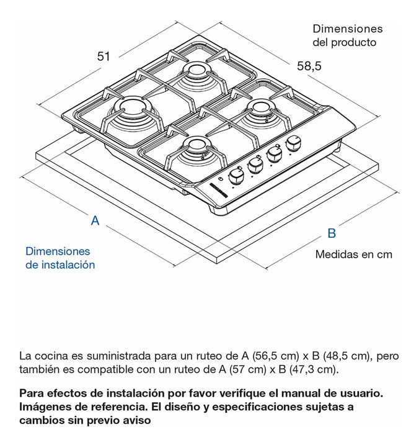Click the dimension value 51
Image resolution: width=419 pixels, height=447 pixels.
point(104,56)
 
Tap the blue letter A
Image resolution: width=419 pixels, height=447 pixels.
point(95,220)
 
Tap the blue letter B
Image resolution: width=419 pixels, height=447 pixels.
point(332,233)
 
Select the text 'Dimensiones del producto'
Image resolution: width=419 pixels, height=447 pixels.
point(347,35)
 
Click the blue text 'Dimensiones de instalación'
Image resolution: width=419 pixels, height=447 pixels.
point(60,258)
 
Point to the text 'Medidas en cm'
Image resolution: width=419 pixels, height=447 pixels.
point(353,255)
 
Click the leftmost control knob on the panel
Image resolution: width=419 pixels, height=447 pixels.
point(236,176)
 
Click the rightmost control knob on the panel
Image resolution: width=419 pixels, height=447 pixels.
point(293,144)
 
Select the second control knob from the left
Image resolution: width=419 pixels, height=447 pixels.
point(255,165)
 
